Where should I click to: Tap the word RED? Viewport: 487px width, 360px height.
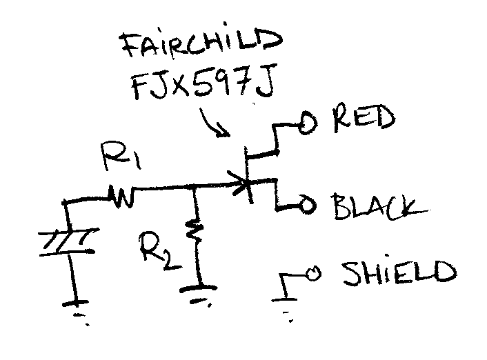364,120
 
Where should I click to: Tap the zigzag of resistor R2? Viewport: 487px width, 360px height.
197,235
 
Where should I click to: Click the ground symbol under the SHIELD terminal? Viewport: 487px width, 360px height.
286,304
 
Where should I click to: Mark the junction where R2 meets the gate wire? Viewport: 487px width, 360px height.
197,187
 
